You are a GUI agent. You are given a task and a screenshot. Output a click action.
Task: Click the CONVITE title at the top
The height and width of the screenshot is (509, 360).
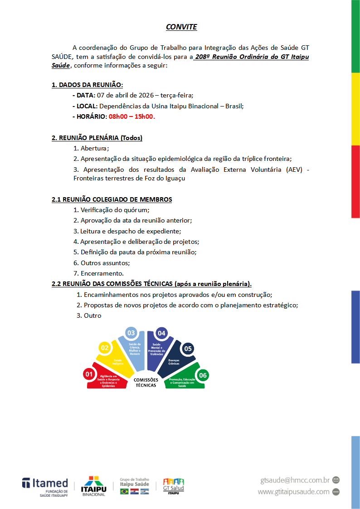point(181,27)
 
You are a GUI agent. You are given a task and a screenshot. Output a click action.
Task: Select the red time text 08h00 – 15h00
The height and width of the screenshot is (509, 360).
point(131,116)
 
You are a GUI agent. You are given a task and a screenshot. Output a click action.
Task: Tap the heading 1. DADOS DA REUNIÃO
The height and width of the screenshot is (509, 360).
point(87,85)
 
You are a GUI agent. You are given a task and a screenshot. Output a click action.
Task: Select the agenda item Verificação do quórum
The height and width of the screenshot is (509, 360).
point(115,210)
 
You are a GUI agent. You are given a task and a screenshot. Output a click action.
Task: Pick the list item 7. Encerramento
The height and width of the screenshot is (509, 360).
point(98,273)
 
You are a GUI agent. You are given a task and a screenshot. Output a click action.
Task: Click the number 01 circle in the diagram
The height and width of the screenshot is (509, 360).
point(89,374)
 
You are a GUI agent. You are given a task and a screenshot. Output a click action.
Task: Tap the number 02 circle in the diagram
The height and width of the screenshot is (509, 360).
point(105,348)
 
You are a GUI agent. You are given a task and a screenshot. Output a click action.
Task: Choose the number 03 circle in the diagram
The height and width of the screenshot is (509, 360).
point(131,333)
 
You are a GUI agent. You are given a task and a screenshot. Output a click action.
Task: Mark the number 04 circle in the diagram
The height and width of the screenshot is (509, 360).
point(161,333)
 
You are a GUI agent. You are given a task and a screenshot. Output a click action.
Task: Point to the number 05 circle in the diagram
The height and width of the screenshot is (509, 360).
point(188,349)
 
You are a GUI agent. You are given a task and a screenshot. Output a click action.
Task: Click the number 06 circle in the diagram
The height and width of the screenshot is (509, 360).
point(203,375)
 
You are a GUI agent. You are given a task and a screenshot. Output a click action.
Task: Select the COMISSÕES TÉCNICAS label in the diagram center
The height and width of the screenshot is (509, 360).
point(146,382)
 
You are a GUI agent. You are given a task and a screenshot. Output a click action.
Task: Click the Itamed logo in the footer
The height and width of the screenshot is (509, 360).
point(45,486)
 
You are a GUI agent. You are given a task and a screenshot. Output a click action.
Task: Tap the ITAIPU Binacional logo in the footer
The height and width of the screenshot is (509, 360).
point(93,486)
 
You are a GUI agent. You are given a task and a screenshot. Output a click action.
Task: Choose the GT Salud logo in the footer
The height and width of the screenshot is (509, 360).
point(173,486)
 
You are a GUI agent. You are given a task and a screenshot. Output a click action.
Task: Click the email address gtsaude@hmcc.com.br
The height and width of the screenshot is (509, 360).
point(294,480)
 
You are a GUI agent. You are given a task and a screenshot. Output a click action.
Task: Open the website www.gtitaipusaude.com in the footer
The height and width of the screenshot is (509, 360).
point(293,492)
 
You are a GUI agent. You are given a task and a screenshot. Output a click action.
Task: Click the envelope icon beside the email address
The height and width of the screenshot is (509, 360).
point(336,480)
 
